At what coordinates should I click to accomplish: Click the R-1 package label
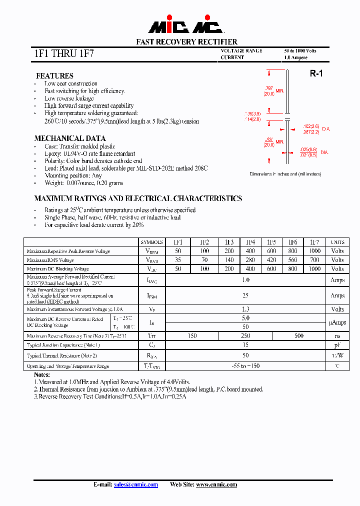pos(316,73)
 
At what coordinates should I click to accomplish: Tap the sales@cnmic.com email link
pos(136,484)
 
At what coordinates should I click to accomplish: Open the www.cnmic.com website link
pos(216,484)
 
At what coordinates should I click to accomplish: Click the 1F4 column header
pos(250,242)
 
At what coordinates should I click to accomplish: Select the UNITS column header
pos(337,242)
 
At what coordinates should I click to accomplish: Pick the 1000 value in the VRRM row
pos(314,251)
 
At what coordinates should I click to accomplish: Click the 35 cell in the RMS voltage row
pos(178,260)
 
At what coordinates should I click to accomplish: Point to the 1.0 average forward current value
pos(245,280)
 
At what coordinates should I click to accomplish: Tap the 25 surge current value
pos(245,295)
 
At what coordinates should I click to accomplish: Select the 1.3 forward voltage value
pos(245,309)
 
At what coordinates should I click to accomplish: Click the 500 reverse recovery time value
pos(299,336)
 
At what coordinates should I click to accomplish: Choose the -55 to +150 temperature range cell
pos(245,366)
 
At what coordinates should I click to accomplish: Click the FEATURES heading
pos(54,76)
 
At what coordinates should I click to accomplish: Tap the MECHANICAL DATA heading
pos(70,138)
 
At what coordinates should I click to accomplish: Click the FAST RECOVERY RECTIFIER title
pos(187,42)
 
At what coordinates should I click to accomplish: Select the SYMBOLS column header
pos(152,242)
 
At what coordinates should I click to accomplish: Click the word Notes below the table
pos(42,374)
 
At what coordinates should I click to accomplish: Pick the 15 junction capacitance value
pos(245,345)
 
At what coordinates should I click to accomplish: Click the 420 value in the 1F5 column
pos(271,260)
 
